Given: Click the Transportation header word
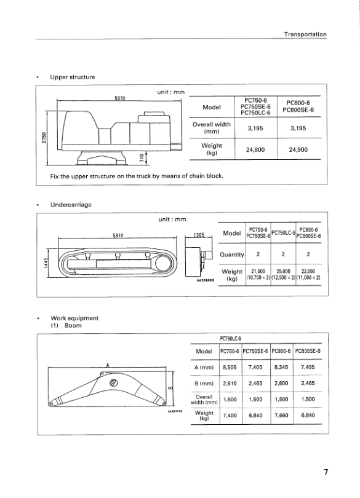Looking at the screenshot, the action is point(305,34).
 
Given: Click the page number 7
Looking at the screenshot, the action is point(326,472).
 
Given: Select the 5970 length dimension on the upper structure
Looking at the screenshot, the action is point(119,98).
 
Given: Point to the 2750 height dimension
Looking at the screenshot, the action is point(44,138).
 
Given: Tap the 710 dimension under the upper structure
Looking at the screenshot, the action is point(142,159).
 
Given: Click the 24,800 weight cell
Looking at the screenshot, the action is point(255,149).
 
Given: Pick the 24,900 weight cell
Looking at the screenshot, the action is point(298,149).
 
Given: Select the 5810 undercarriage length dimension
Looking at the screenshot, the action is point(118,235).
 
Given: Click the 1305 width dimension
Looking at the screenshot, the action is point(198,235).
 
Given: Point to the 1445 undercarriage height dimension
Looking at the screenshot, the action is point(46,263).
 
